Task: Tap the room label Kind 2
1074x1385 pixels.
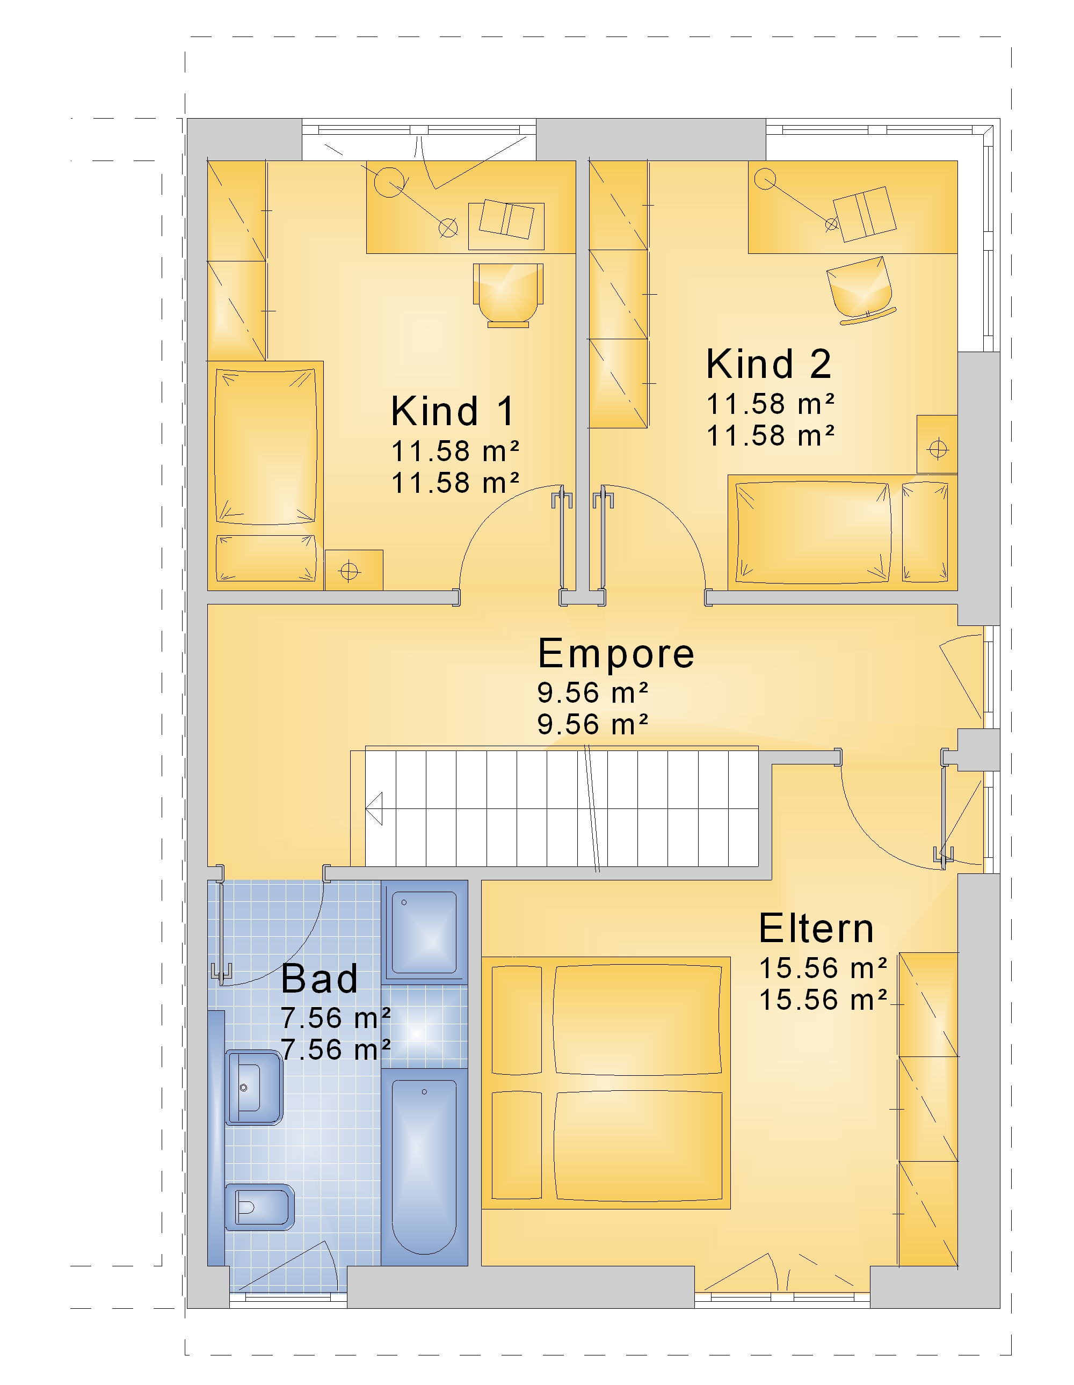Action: pyautogui.click(x=768, y=364)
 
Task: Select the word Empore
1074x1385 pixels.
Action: pyautogui.click(x=615, y=654)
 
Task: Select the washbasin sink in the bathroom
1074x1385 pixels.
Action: pyautogui.click(x=254, y=1088)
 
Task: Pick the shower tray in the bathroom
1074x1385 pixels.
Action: pyautogui.click(x=424, y=932)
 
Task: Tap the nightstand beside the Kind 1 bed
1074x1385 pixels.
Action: pyautogui.click(x=354, y=570)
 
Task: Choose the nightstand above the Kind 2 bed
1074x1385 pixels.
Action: pyautogui.click(x=937, y=444)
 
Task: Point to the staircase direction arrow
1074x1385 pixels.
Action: pyautogui.click(x=374, y=808)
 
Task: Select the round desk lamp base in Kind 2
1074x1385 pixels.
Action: pyautogui.click(x=765, y=179)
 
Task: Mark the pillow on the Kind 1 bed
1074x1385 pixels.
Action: pyautogui.click(x=266, y=558)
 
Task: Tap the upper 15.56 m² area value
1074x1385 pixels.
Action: pyautogui.click(x=823, y=968)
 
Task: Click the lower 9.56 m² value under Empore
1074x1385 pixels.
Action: pyautogui.click(x=592, y=725)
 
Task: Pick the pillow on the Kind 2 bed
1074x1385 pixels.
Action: pyautogui.click(x=925, y=532)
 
